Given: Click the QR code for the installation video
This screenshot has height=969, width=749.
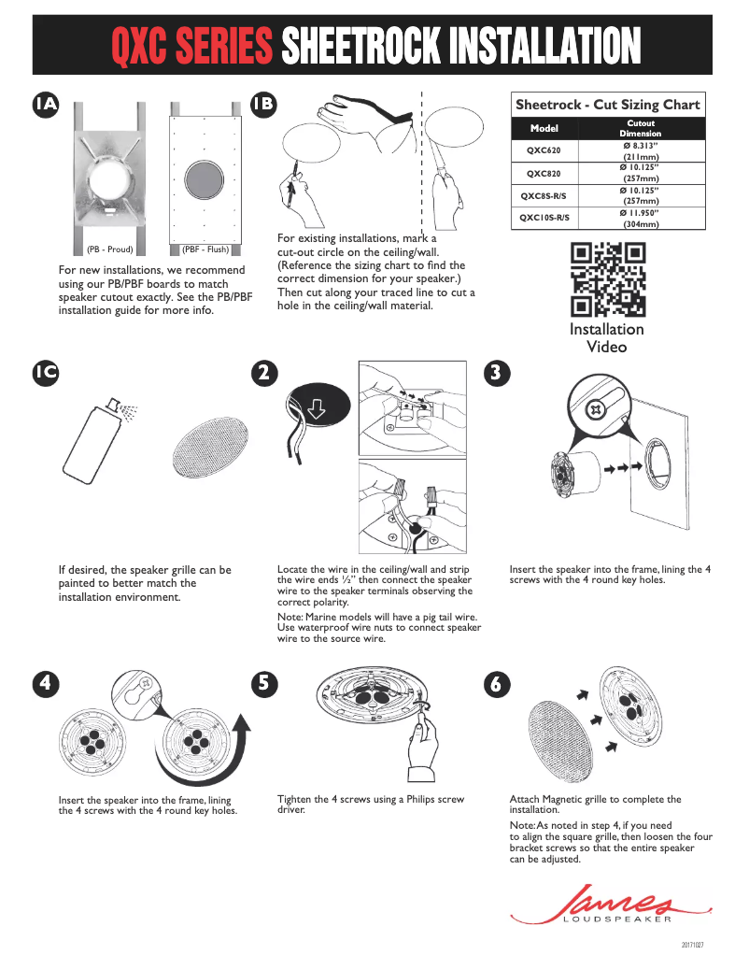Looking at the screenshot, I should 607,279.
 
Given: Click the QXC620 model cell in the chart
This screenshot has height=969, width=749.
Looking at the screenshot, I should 544,150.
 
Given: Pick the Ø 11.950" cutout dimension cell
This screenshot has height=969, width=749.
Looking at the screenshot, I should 641,219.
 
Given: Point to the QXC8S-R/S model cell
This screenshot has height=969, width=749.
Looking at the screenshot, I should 544,196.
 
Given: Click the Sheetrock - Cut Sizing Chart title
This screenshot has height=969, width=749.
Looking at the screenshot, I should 607,106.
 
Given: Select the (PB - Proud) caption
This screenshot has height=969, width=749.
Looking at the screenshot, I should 110,249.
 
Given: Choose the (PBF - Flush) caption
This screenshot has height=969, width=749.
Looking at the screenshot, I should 205,249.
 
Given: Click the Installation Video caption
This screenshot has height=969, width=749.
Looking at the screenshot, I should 607,338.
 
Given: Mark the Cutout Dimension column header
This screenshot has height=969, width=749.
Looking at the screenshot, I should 641,128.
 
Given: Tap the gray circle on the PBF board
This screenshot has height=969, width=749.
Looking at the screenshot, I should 204,180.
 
